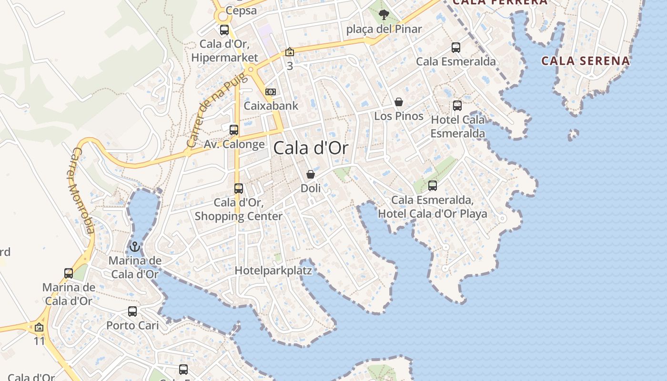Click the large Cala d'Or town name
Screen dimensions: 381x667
[x=311, y=148]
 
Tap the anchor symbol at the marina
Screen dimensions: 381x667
[x=135, y=247]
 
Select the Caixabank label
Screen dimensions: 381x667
[x=271, y=106]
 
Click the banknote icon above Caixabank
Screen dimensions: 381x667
[x=271, y=91]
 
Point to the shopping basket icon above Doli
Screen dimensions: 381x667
[x=311, y=174]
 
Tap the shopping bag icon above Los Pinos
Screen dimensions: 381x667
[x=399, y=102]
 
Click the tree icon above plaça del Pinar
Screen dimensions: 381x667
[x=384, y=15]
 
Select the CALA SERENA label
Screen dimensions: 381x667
[x=586, y=61]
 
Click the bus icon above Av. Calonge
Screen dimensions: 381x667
[x=234, y=130]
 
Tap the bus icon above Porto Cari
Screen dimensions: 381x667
[x=132, y=311]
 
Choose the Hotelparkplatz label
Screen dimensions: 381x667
[x=273, y=271]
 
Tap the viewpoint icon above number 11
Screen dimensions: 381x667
[x=39, y=328]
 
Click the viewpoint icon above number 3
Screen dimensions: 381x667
[x=290, y=52]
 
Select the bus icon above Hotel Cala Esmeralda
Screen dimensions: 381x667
[x=457, y=105]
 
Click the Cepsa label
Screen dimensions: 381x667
[x=241, y=10]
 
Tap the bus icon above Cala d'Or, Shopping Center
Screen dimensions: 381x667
[x=239, y=188]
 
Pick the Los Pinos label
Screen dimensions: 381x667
[x=399, y=116]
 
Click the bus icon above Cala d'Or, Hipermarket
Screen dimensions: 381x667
[x=224, y=30]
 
